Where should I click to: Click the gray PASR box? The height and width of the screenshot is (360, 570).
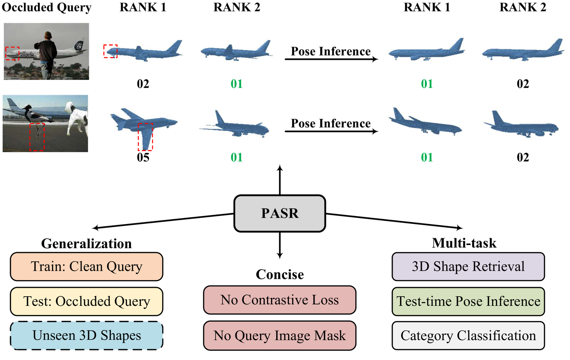[280, 213]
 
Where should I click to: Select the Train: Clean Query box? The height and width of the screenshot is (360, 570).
[87, 267]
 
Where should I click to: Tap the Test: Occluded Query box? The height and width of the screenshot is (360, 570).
[87, 302]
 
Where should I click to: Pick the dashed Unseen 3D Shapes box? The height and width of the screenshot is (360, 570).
[87, 335]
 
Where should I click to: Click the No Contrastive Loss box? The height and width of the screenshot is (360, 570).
[280, 300]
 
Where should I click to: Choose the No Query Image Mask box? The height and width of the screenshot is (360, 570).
[280, 335]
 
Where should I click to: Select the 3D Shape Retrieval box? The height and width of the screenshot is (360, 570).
[468, 267]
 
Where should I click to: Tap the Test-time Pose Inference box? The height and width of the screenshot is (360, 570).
[468, 302]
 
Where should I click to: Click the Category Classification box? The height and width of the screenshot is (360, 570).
[468, 335]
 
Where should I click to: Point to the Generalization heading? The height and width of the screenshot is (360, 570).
[87, 244]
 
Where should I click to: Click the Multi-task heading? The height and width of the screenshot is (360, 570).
[464, 243]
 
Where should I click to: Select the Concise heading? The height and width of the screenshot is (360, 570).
[280, 274]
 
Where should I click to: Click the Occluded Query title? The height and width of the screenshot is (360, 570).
[47, 7]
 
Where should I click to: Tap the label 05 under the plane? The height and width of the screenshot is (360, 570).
[143, 157]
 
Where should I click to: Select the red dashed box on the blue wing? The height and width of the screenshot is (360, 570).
[145, 137]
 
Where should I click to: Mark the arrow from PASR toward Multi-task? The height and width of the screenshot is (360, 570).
[394, 221]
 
